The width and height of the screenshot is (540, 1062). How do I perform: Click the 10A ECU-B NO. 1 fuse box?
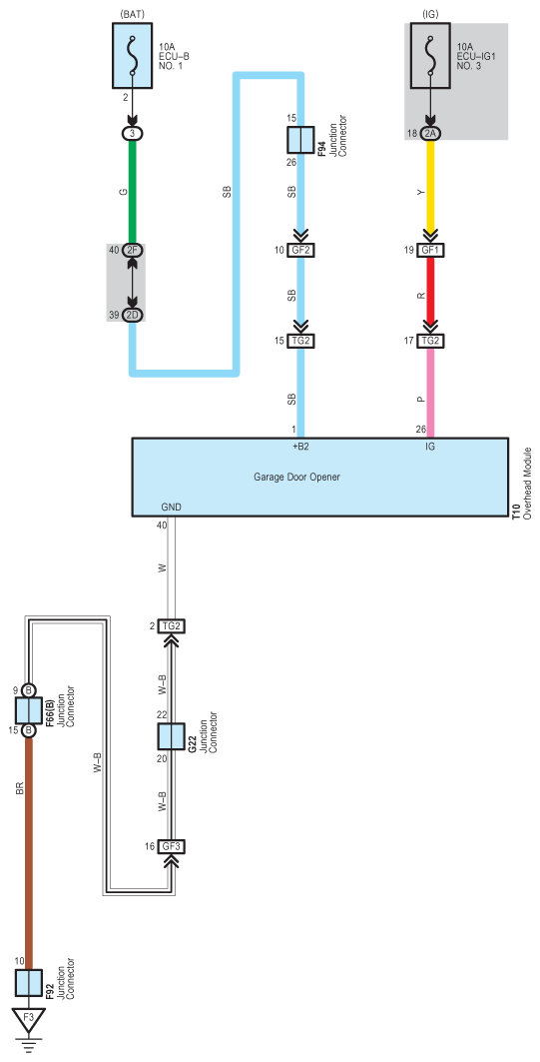click(133, 55)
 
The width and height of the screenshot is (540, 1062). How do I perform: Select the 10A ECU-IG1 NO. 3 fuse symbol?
click(430, 55)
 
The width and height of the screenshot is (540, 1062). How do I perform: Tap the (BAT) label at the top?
click(133, 13)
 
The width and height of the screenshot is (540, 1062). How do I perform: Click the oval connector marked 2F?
click(133, 250)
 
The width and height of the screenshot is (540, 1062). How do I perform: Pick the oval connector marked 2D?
click(133, 315)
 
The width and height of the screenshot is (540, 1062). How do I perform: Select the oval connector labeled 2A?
click(430, 134)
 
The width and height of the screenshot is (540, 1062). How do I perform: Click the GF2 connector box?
click(300, 250)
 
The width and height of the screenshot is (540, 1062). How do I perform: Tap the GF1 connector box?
click(430, 250)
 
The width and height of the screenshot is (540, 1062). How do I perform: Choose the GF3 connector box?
click(171, 846)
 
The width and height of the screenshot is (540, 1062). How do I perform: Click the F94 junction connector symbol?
click(300, 140)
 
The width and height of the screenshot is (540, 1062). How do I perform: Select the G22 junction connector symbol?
click(171, 737)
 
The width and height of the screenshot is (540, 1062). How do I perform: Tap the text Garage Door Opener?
click(297, 477)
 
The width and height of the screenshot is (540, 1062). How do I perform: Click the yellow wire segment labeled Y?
click(430, 192)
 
